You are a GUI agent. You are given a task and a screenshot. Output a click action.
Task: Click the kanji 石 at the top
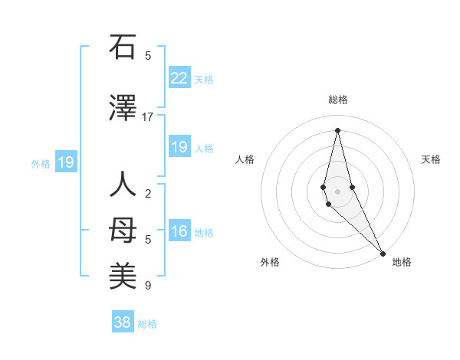pos(123,47)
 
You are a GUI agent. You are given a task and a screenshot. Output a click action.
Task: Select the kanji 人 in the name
pos(123,186)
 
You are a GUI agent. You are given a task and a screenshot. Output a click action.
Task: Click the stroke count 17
pos(147,117)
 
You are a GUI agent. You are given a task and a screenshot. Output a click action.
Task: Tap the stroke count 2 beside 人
pos(147,193)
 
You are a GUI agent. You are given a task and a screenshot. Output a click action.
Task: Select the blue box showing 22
pos(179,77)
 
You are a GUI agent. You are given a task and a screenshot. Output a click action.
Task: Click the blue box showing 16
pos(179,231)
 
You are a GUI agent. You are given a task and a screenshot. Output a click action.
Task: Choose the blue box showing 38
pos(123,322)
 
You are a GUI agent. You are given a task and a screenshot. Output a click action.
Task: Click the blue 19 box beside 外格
pos(66,162)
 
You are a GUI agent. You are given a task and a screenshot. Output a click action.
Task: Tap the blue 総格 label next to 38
pos(147,324)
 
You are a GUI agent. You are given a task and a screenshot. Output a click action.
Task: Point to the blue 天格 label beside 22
pos(204,80)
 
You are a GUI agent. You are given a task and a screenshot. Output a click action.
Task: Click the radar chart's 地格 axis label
pos(402,262)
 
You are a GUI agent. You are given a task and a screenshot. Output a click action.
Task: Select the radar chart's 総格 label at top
pos(337,100)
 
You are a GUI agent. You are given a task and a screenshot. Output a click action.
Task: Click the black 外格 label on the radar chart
pos(270,262)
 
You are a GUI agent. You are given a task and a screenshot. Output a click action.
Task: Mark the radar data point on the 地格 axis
pos(383,254)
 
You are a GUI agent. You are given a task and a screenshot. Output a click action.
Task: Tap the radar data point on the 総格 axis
pos(337,129)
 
